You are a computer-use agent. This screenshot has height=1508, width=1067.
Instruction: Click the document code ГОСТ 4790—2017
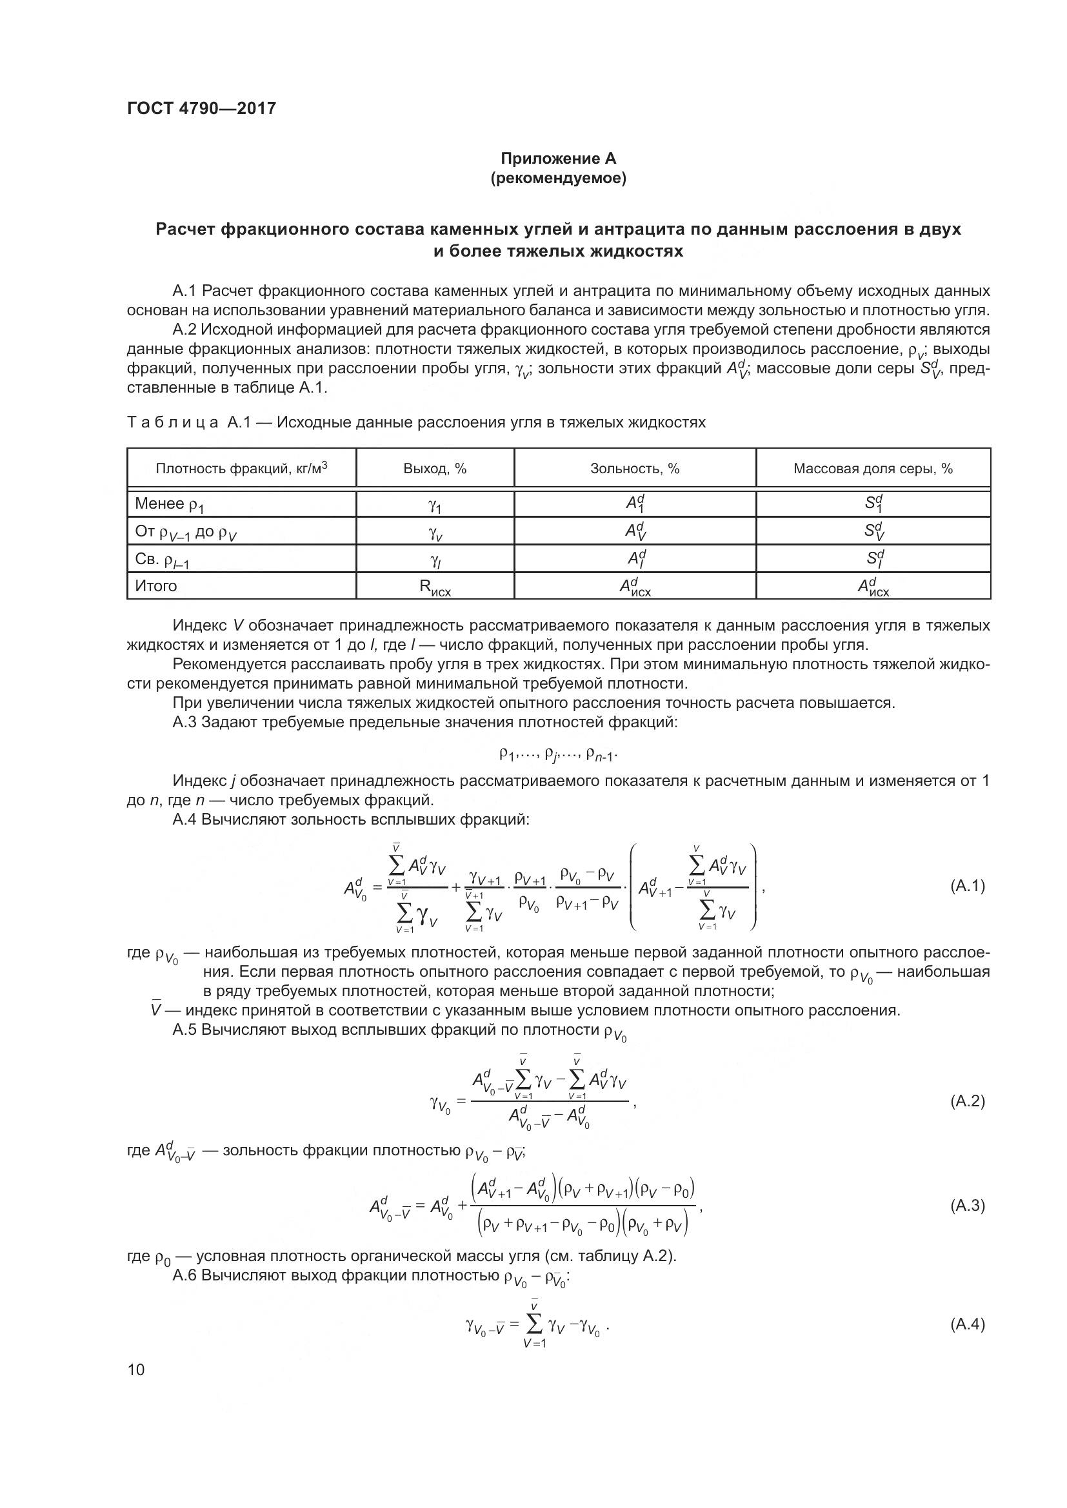click(x=201, y=108)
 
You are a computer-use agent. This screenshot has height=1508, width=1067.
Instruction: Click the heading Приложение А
click(x=558, y=159)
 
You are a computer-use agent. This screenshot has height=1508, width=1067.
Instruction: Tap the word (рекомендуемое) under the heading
click(x=558, y=178)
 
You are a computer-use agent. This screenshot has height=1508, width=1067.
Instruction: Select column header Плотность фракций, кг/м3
click(x=241, y=468)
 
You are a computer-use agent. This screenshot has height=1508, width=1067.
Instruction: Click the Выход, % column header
click(x=434, y=468)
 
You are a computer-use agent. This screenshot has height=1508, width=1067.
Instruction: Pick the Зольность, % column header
click(x=634, y=468)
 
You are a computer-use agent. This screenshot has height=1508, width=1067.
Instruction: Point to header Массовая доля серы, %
click(x=873, y=468)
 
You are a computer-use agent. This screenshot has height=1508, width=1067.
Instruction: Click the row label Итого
click(x=155, y=585)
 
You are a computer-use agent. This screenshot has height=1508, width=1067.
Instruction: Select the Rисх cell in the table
click(x=434, y=587)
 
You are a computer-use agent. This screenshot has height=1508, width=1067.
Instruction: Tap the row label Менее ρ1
click(x=170, y=504)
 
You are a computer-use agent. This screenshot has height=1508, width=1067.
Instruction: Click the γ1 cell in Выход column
click(x=434, y=505)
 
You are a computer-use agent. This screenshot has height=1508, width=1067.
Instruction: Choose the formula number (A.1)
click(x=967, y=886)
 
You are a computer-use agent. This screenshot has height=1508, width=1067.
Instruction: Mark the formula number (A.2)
click(x=967, y=1101)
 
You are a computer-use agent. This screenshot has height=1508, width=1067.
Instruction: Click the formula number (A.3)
click(x=967, y=1205)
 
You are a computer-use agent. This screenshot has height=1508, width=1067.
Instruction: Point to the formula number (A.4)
click(x=967, y=1324)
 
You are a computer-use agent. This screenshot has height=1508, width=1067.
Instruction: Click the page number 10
click(x=136, y=1369)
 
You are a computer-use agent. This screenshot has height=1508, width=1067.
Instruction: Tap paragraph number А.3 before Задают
click(x=184, y=723)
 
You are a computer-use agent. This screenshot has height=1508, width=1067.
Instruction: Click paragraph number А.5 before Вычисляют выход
click(x=184, y=1029)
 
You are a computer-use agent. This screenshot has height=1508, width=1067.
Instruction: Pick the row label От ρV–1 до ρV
click(x=185, y=531)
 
